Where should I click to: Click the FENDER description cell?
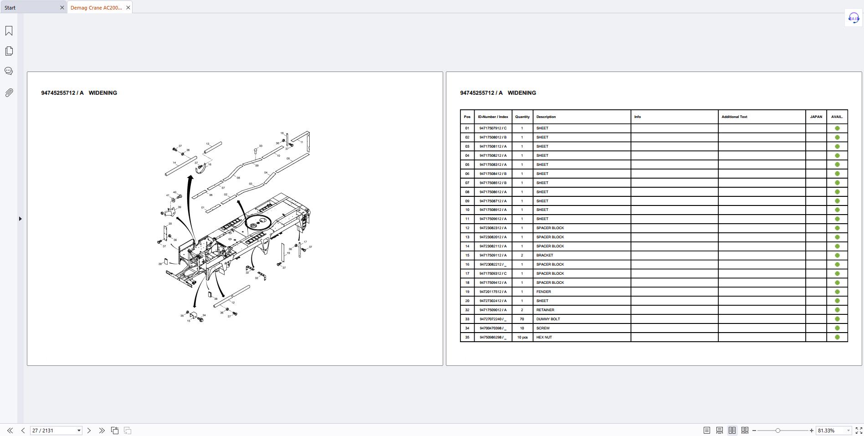[543, 292]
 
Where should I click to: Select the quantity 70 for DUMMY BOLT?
[522, 319]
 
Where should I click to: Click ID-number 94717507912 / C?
[493, 128]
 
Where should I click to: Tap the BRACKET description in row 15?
[544, 255]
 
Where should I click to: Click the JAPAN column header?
[816, 117]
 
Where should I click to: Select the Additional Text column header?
[734, 117]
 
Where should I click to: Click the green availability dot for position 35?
[837, 337]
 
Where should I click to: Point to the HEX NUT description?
[544, 337]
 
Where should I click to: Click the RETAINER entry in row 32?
[545, 310]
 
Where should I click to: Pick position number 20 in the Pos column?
[467, 301]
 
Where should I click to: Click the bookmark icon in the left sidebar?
[9, 31]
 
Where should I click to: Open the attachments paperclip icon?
[9, 93]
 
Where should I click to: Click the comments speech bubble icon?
[9, 71]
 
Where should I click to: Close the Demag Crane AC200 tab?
[128, 7]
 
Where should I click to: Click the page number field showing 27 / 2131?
[52, 431]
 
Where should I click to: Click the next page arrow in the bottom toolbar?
[89, 431]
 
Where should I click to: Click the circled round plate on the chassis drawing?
[258, 223]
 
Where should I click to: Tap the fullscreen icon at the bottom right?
[859, 431]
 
